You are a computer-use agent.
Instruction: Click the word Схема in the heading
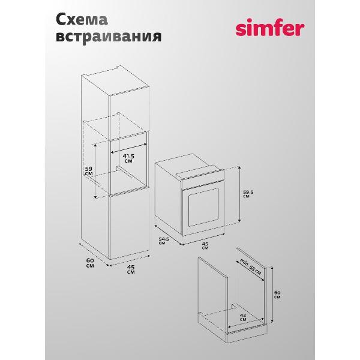click(x=82, y=19)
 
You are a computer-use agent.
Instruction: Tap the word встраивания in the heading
click(x=109, y=37)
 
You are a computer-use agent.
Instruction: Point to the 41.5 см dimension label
click(x=128, y=158)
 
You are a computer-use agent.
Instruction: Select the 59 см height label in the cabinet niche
click(x=89, y=171)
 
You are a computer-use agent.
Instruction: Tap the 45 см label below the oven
click(x=205, y=245)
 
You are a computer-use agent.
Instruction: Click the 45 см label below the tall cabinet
click(x=131, y=269)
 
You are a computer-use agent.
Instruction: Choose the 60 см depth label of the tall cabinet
click(x=90, y=263)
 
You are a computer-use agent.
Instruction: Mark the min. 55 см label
click(x=250, y=267)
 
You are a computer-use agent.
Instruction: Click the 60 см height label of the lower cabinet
click(x=277, y=295)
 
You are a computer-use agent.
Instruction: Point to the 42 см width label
click(x=243, y=317)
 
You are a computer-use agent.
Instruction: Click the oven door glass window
click(x=203, y=208)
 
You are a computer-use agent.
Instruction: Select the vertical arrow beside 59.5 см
click(x=239, y=194)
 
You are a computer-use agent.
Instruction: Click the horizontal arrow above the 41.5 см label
click(x=129, y=148)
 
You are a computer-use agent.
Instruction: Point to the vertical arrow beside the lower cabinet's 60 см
click(x=272, y=295)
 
